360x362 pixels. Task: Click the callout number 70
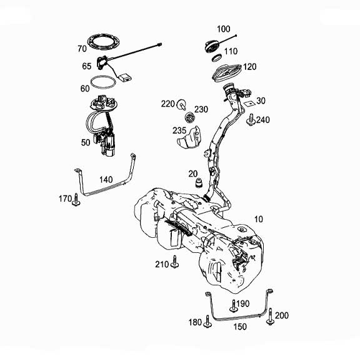click(82, 49)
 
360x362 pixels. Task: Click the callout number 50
click(86, 142)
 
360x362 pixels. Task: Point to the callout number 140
click(106, 179)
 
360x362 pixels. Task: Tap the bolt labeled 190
click(234, 305)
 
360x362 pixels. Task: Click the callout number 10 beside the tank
click(259, 220)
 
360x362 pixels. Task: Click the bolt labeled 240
click(251, 120)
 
